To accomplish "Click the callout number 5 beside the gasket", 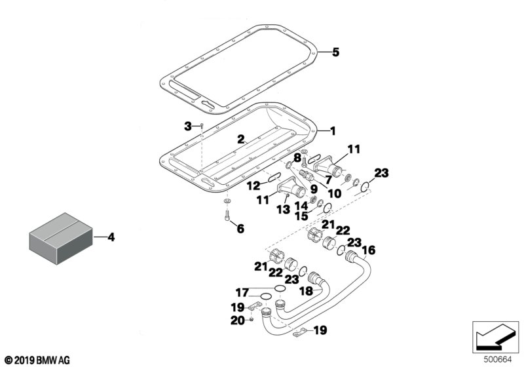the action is point(335,52).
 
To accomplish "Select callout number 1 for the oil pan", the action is point(333,130).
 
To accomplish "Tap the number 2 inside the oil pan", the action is point(241,140).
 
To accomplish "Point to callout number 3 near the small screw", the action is point(188,126).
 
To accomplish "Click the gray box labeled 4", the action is point(61,239).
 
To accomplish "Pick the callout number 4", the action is point(111,237).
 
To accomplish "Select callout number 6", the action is point(240,229).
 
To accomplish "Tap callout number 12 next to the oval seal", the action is point(253,185).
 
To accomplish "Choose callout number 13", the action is point(284,210).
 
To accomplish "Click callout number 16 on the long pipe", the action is point(369,250).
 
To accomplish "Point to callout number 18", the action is point(307,291).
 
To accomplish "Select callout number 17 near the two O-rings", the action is point(242,293).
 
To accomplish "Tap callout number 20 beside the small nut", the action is point(238,320).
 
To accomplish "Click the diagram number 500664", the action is point(498,360).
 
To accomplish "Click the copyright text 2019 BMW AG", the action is point(38,360).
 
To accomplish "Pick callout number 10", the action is point(335,193).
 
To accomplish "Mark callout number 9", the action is point(314,189).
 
